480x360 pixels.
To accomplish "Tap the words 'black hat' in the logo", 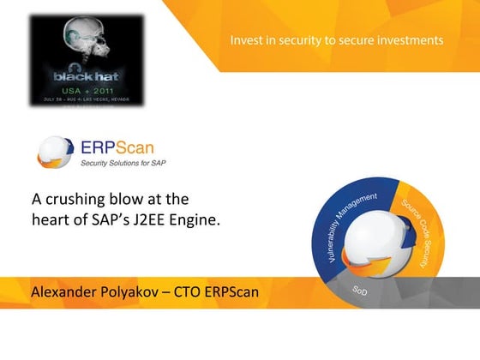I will coord(84,75).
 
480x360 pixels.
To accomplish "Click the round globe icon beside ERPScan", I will coord(55,152).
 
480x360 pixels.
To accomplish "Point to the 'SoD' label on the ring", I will coord(360,290).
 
